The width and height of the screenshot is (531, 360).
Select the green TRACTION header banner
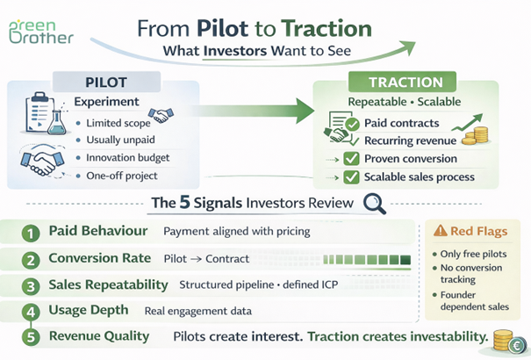point(405,83)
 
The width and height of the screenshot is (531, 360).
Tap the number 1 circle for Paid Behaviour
point(32,234)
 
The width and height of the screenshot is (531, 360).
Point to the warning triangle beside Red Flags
point(441,232)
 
